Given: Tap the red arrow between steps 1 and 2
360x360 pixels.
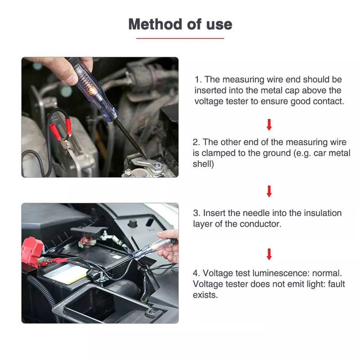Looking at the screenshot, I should tap(269, 124).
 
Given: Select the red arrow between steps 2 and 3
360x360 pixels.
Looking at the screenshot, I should tap(269, 191).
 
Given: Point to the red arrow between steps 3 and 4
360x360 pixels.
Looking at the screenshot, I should tap(269, 254).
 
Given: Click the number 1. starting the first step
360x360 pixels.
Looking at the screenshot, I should tap(198, 80).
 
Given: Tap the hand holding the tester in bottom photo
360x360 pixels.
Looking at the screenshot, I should tap(169, 247).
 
